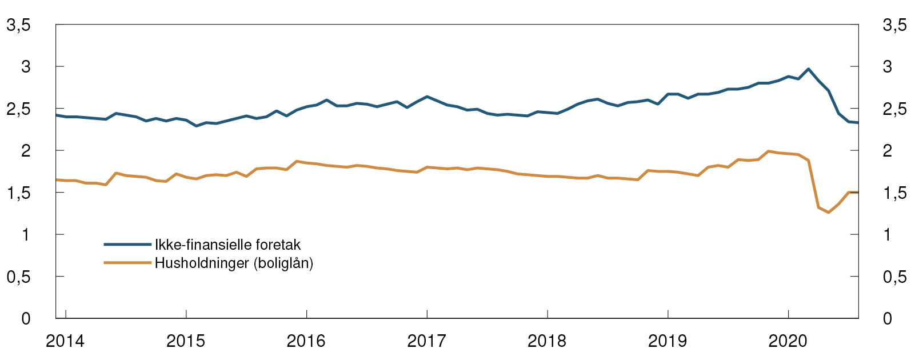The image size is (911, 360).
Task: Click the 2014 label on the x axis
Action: [65, 342]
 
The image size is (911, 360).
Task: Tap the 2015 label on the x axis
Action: [186, 342]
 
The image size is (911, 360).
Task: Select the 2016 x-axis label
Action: [306, 342]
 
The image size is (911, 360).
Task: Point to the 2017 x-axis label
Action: [427, 342]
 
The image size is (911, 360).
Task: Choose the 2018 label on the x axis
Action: [548, 342]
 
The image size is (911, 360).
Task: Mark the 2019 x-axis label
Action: [668, 342]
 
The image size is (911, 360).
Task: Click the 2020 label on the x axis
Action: [788, 342]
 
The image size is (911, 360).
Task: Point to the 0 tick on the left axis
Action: [26, 318]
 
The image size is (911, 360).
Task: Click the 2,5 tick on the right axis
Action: [894, 109]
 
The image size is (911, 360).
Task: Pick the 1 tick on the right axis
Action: [888, 235]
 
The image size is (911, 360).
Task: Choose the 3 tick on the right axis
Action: [888, 67]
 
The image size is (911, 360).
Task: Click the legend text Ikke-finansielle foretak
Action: [227, 245]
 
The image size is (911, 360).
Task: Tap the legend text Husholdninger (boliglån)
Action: [234, 263]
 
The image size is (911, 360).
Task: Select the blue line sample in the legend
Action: [127, 245]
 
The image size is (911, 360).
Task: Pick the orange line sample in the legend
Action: [127, 263]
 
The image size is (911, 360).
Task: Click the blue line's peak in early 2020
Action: [808, 69]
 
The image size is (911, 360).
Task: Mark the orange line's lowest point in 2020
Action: [829, 213]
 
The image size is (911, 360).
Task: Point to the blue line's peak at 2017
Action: [427, 97]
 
